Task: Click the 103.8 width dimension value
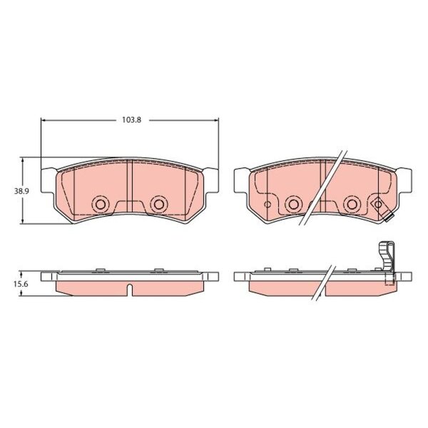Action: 131,120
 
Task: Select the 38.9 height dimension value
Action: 21,191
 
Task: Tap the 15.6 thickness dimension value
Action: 21,284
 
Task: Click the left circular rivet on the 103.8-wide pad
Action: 101,204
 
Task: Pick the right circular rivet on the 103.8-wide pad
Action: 159,204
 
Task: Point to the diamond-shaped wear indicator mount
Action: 378,204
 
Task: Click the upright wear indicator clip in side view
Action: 387,257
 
